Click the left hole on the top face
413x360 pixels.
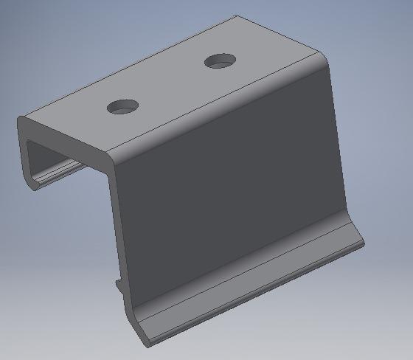point(123,106)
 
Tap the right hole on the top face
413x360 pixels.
point(219,61)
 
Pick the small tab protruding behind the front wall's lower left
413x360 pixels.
point(118,284)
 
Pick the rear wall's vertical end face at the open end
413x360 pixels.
point(24,159)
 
